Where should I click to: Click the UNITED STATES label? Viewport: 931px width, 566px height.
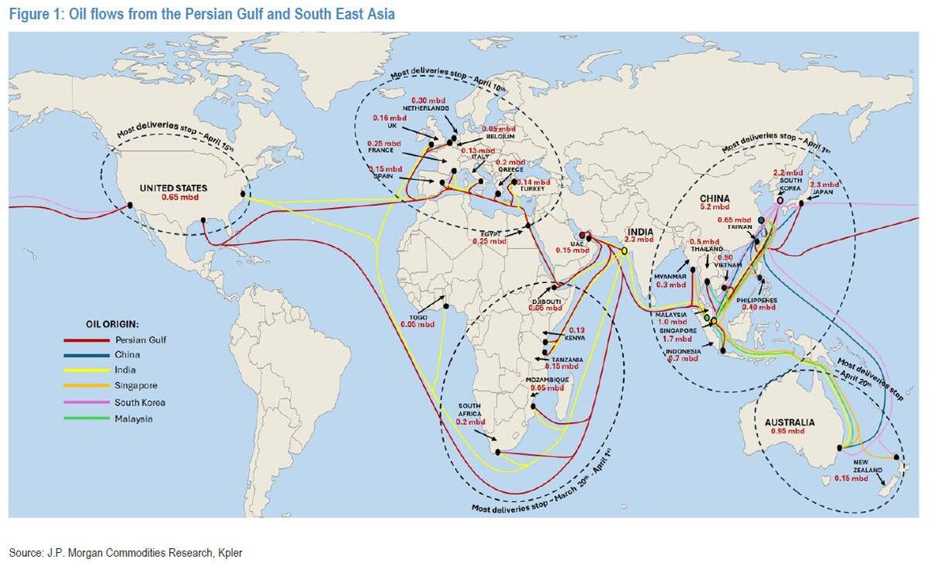[x=178, y=188]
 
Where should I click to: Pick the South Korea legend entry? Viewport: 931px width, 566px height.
[x=140, y=402]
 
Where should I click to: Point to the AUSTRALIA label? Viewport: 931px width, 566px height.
[x=790, y=422]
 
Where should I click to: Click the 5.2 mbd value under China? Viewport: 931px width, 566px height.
[x=715, y=207]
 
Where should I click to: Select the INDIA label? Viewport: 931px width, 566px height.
[x=640, y=231]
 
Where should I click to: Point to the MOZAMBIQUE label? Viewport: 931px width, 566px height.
[x=548, y=379]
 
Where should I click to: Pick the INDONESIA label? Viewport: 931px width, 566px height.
[x=682, y=351]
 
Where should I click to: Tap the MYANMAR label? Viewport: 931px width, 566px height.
[x=671, y=276]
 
